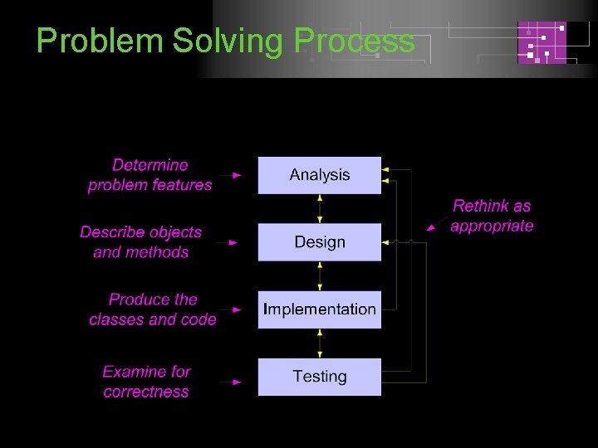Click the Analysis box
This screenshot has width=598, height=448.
pos(320,175)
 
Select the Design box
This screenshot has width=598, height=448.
pos(320,242)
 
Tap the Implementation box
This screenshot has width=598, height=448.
pos(320,309)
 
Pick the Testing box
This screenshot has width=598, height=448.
pos(320,377)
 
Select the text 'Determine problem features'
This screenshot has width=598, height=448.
pos(150,175)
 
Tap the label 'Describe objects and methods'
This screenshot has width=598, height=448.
pos(141,242)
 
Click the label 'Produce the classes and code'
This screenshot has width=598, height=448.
pos(153,309)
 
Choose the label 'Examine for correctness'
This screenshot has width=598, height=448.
pos(146,382)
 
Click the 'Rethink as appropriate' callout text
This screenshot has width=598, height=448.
pos(492,216)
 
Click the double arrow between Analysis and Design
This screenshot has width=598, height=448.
pos(320,208)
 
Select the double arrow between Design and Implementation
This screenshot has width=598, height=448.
pos(320,275)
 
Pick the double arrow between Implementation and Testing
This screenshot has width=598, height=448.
pos(320,343)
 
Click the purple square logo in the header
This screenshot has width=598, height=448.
pos(542,42)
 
